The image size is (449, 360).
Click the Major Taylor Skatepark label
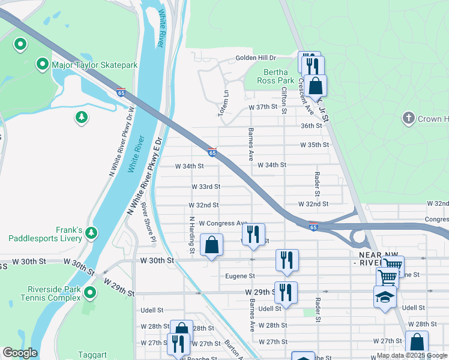coord(95,65)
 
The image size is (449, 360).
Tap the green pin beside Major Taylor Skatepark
coord(43,64)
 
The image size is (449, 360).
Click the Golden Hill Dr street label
coord(255,58)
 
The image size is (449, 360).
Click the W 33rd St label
coord(205,187)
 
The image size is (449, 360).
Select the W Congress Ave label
coord(223,223)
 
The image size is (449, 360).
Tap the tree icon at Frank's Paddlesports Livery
coord(91,232)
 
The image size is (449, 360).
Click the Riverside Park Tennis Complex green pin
coord(90,293)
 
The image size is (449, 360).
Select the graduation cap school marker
coord(385,296)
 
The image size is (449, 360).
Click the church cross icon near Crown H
coord(409,118)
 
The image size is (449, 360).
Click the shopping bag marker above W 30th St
coord(211,245)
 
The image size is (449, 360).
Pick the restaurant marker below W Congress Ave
coord(253,233)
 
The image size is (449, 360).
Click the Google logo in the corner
coord(20,353)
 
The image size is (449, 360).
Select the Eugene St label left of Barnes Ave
coord(240,277)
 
